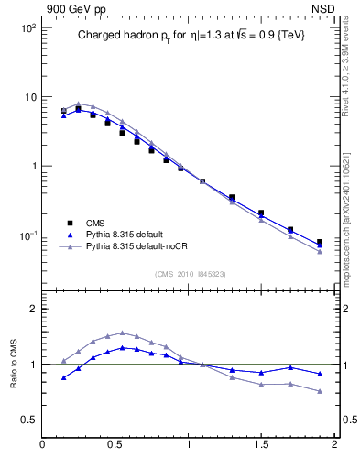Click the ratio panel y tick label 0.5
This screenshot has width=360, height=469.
coord(27,420)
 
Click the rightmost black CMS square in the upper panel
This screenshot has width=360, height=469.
coord(320,243)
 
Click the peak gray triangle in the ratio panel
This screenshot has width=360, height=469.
coord(122,333)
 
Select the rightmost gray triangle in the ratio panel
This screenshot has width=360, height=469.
coord(320,391)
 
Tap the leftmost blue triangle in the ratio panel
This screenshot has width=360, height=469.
coord(63,377)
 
